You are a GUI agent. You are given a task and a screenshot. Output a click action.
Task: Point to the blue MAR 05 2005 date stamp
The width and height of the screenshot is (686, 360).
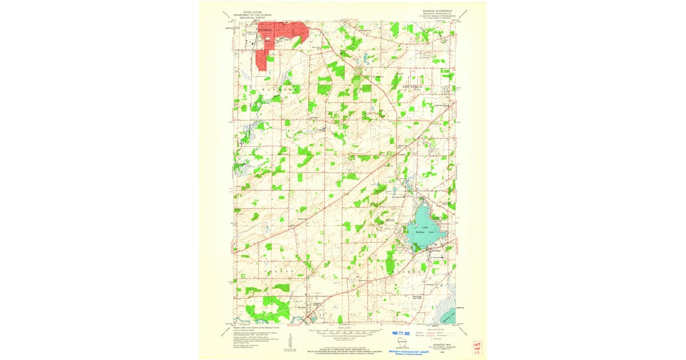click(402, 332)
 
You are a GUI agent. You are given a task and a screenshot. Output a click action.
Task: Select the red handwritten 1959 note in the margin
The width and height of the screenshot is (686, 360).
click(476, 347)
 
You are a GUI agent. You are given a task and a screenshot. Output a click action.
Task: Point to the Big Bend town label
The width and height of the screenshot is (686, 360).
click(303, 307)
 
